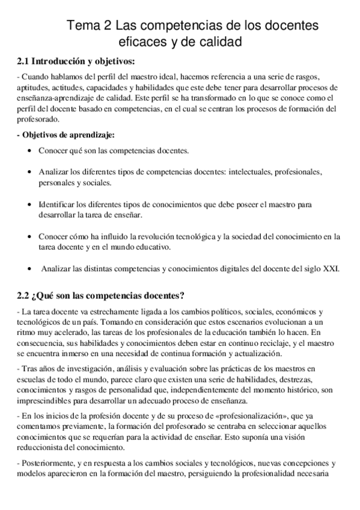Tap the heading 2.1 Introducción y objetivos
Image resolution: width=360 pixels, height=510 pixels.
coord(75,61)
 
